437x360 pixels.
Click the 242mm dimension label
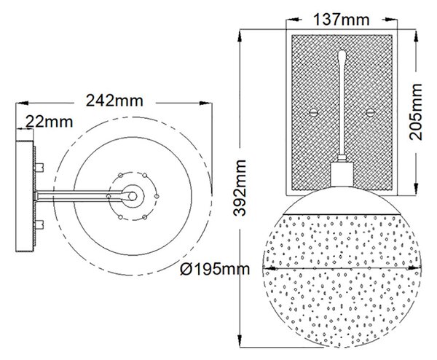[114, 101]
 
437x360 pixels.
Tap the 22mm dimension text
[50, 122]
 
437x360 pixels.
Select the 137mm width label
[342, 20]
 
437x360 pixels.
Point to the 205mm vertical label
[416, 111]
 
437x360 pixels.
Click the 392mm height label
[240, 188]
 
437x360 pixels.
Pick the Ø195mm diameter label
[215, 270]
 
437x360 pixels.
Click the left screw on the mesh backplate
[314, 113]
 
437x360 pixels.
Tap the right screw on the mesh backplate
[370, 113]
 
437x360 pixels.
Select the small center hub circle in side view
[133, 196]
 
